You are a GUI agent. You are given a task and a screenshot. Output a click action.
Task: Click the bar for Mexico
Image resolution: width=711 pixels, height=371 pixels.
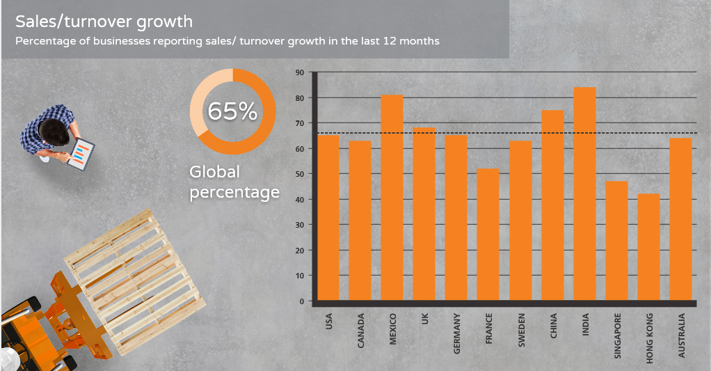click(x=392, y=198)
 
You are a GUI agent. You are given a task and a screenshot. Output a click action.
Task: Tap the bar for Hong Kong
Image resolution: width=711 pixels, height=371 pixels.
click(x=648, y=247)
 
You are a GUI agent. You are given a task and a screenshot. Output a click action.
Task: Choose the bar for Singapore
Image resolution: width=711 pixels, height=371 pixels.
click(x=616, y=241)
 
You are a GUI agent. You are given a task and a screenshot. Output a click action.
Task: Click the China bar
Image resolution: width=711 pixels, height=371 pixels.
click(x=552, y=205)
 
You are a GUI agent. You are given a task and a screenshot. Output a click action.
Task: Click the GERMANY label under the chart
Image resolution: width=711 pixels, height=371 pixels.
click(x=457, y=333)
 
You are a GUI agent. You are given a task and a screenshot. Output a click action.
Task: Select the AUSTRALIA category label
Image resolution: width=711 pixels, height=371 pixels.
click(x=682, y=336)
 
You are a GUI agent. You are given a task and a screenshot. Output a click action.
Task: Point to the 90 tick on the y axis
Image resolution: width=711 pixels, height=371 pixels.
click(x=300, y=72)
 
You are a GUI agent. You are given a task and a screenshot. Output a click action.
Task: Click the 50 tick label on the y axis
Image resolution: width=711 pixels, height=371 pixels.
click(x=300, y=174)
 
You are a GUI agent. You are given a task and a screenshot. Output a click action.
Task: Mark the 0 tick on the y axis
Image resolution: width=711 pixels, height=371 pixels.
click(x=302, y=301)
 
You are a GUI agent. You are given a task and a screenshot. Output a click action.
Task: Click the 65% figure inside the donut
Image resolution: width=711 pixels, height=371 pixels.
click(x=232, y=111)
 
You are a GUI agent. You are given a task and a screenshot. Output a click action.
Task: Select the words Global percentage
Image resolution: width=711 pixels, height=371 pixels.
click(x=234, y=182)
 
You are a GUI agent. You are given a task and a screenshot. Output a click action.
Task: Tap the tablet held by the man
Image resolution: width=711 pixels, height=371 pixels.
click(x=82, y=153)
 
